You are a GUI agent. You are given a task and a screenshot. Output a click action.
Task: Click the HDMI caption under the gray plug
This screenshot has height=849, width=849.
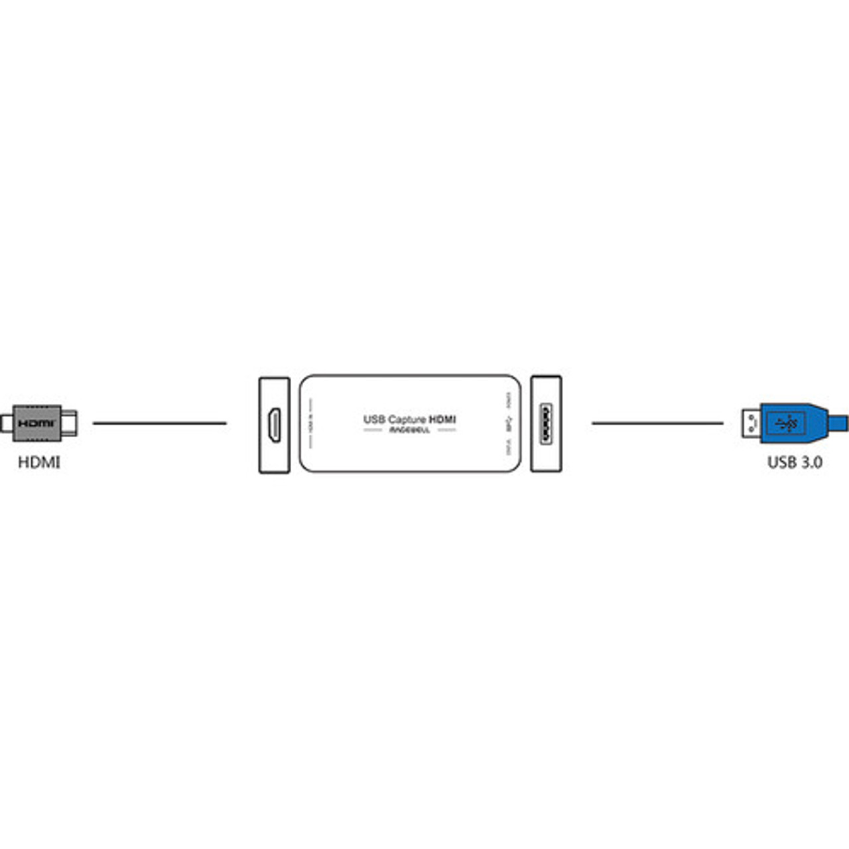(39, 462)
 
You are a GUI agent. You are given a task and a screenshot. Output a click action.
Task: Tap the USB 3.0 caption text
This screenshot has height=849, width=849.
(795, 462)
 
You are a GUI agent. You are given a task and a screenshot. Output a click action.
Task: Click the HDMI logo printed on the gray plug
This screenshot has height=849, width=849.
(36, 423)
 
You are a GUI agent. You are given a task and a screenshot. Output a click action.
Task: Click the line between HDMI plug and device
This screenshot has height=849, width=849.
(159, 423)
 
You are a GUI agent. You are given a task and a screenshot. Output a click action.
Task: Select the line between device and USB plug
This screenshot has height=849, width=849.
(657, 423)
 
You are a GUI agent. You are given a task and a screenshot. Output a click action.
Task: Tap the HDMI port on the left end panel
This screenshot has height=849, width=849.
(274, 424)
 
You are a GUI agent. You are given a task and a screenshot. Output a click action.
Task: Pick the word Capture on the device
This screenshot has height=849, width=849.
(407, 419)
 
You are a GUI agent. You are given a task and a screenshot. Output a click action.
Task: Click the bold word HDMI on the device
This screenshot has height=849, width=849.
(442, 419)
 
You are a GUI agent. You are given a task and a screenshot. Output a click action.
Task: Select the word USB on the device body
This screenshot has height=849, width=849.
(374, 419)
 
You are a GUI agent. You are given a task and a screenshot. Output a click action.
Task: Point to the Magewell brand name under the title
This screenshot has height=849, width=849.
(409, 430)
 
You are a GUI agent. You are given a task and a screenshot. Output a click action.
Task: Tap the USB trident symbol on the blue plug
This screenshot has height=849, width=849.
(787, 423)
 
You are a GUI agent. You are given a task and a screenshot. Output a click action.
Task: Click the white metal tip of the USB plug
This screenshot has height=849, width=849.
(751, 423)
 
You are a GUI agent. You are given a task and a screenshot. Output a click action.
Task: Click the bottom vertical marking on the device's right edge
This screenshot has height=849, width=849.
(509, 448)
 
